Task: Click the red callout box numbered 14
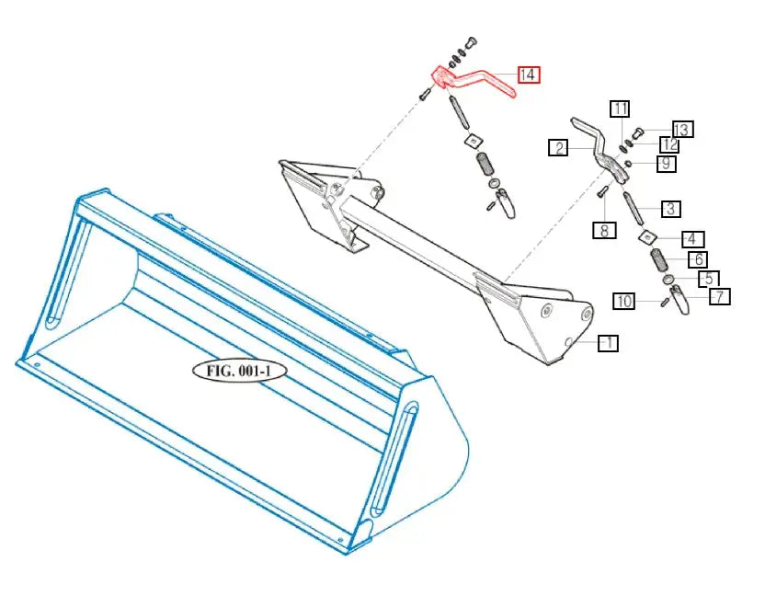[x=529, y=74]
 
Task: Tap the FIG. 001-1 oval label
[x=239, y=371]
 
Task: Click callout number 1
[x=609, y=343]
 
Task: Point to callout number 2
[x=559, y=147]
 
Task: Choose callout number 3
[x=671, y=209]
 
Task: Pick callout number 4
[x=691, y=239]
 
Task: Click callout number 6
[x=699, y=259]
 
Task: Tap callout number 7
[x=720, y=297]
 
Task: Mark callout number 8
[x=604, y=230]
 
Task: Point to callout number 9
[x=667, y=164]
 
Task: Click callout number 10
[x=624, y=301]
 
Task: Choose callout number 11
[x=620, y=109]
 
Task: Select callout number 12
[x=670, y=144]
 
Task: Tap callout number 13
[x=681, y=130]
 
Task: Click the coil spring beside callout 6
[x=660, y=259]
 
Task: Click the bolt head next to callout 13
[x=638, y=132]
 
